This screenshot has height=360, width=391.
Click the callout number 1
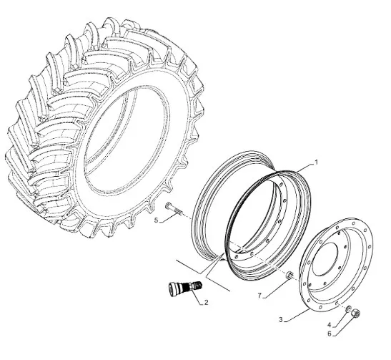316,162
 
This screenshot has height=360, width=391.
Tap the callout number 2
206,303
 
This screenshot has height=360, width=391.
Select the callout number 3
281,319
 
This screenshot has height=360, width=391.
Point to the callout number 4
329,325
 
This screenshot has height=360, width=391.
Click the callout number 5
156,220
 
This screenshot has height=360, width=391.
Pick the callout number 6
329,334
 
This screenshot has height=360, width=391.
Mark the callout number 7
259,296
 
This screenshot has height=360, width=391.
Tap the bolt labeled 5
174,209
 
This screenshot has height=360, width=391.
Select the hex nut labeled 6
355,313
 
